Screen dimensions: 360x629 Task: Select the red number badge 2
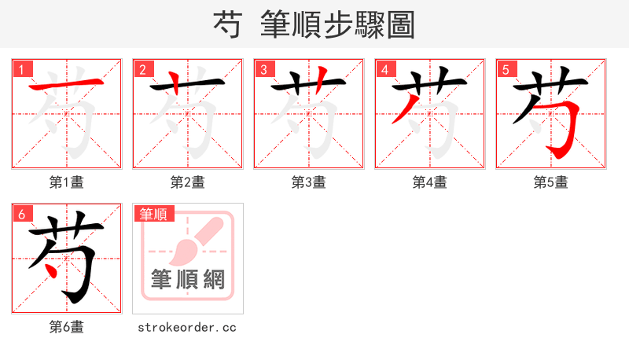[143, 69]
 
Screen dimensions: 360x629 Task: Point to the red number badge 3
[264, 69]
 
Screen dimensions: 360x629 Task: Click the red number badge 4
[385, 69]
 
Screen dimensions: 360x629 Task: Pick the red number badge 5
[506, 69]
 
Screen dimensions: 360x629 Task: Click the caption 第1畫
[67, 182]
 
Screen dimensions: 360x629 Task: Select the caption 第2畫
[188, 182]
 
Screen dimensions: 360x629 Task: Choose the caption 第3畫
[309, 182]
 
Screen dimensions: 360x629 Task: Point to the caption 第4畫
[430, 182]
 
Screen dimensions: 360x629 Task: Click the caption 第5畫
[551, 182]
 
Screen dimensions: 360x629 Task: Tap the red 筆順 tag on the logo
[155, 214]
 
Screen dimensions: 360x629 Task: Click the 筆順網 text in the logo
[188, 279]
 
